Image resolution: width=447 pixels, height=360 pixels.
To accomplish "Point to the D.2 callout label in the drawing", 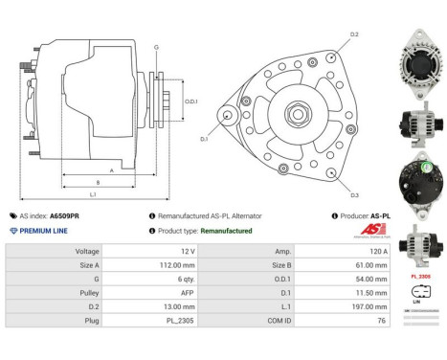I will (x=353, y=34).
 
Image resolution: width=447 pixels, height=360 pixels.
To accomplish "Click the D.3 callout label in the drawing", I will (x=353, y=194).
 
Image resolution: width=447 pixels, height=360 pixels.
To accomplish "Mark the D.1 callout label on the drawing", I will (x=204, y=139).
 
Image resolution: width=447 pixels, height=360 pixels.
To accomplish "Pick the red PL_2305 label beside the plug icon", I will (x=421, y=277).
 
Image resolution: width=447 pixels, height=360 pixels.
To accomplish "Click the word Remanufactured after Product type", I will (x=227, y=231).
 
